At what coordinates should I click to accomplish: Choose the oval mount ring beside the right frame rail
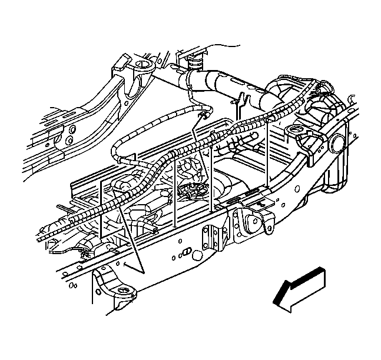click(293, 130)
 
